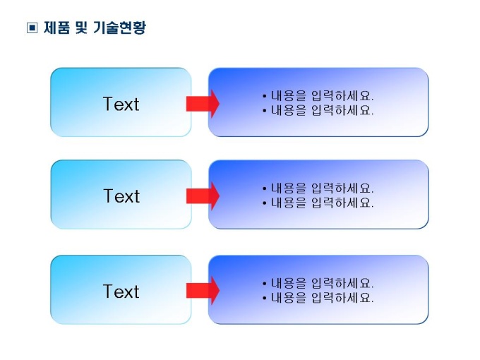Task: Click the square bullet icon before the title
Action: (32, 28)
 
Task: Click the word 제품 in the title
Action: (56, 28)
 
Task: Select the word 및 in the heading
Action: (81, 28)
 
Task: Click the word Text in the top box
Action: (121, 104)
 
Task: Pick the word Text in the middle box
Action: (121, 196)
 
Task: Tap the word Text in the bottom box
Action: (121, 291)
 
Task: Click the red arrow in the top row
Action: (203, 104)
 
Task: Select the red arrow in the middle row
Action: (203, 196)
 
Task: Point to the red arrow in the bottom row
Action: (203, 291)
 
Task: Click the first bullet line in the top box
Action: (318, 96)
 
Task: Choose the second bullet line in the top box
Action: (318, 110)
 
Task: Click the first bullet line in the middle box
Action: (318, 188)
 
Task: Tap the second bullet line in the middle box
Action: (318, 203)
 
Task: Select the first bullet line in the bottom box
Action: (318, 283)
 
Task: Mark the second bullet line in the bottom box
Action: (318, 298)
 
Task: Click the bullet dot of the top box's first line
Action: (265, 97)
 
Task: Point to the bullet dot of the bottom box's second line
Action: (265, 298)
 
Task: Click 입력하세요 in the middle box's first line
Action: (342, 188)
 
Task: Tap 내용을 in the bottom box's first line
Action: (289, 283)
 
